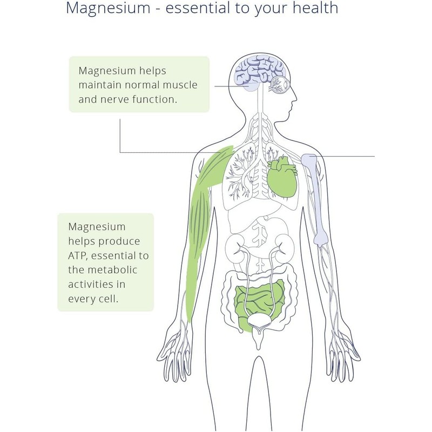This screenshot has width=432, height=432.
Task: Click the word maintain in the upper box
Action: [x=98, y=85]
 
